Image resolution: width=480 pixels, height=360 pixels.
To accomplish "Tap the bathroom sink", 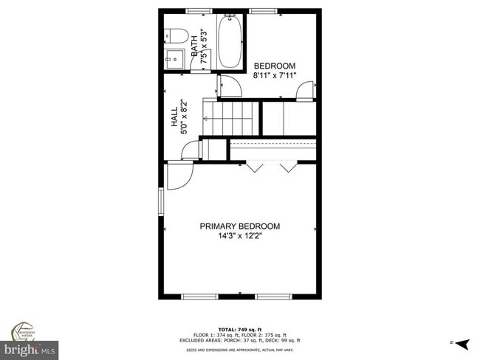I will (x=174, y=58).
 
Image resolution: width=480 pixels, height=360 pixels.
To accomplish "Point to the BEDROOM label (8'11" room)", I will (x=274, y=66).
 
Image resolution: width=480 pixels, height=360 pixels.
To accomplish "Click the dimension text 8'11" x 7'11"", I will (x=274, y=75).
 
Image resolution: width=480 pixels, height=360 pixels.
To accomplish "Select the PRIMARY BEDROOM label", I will (x=240, y=226).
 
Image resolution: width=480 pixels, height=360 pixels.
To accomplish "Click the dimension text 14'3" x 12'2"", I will (x=240, y=237).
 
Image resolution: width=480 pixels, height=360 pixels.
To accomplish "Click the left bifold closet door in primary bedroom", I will (x=256, y=167).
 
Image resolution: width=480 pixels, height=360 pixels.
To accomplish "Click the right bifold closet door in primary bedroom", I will (x=287, y=167).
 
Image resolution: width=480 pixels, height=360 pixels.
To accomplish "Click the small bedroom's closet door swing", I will (x=304, y=89).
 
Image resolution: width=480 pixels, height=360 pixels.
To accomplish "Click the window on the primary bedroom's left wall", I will (x=161, y=200).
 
